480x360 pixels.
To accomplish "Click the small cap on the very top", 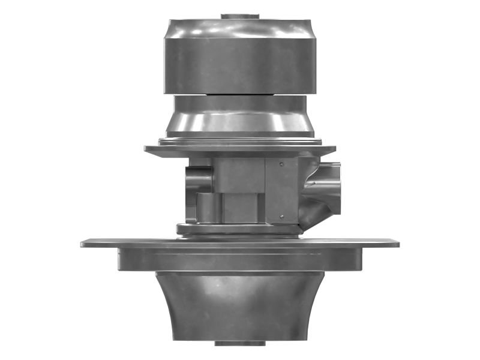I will (x=240, y=16).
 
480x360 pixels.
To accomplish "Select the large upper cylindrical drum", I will (x=240, y=57).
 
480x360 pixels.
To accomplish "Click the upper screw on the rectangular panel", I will (x=281, y=163).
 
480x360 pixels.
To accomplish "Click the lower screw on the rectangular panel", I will (x=281, y=217).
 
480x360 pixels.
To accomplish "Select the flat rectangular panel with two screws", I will (x=281, y=190).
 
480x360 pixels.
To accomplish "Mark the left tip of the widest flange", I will (x=83, y=243).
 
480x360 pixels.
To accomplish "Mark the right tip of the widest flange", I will (x=397, y=243).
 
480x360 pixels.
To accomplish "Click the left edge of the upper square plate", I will (x=146, y=149).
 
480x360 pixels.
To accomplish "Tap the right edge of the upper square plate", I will (x=334, y=149).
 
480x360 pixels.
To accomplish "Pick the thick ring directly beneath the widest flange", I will (x=240, y=260).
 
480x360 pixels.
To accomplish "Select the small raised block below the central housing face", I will (x=240, y=207).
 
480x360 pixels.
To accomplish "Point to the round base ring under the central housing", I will (x=240, y=229).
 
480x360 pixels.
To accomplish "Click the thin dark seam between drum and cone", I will (x=240, y=95).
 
